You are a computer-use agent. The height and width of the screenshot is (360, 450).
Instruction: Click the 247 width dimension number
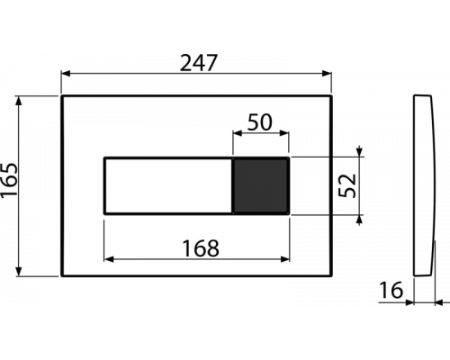click(198, 63)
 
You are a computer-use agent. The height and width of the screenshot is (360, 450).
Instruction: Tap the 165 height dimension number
click(9, 181)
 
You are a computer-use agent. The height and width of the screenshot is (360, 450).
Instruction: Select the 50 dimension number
click(260, 122)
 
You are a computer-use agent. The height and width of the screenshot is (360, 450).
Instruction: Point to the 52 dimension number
click(347, 185)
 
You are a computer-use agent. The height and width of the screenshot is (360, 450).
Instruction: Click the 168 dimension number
click(201, 248)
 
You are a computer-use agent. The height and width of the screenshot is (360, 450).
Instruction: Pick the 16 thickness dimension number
click(391, 291)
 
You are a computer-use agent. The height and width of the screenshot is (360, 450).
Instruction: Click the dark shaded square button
click(261, 185)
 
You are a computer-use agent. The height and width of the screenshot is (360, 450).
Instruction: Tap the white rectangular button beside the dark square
click(168, 185)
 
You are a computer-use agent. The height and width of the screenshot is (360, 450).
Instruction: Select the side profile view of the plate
click(424, 185)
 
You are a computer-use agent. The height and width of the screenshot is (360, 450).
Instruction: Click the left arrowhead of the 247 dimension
click(66, 74)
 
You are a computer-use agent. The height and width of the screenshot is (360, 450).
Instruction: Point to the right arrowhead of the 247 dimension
click(327, 74)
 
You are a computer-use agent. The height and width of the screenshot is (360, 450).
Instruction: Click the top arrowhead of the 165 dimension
click(19, 101)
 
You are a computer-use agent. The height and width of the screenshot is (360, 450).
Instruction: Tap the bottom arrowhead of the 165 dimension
click(19, 271)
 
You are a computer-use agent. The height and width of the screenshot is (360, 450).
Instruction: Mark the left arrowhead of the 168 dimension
click(109, 259)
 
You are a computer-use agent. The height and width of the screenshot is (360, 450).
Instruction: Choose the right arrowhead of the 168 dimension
click(284, 259)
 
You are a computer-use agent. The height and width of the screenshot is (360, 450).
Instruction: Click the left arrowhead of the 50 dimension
click(238, 133)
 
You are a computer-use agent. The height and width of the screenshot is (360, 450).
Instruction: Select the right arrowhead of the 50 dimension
click(284, 133)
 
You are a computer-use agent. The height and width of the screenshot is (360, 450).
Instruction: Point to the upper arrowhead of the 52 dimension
click(360, 152)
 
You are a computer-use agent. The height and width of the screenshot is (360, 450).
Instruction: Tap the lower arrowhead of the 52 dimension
click(360, 220)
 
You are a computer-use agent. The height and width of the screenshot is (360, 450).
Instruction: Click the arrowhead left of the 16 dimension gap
click(409, 302)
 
